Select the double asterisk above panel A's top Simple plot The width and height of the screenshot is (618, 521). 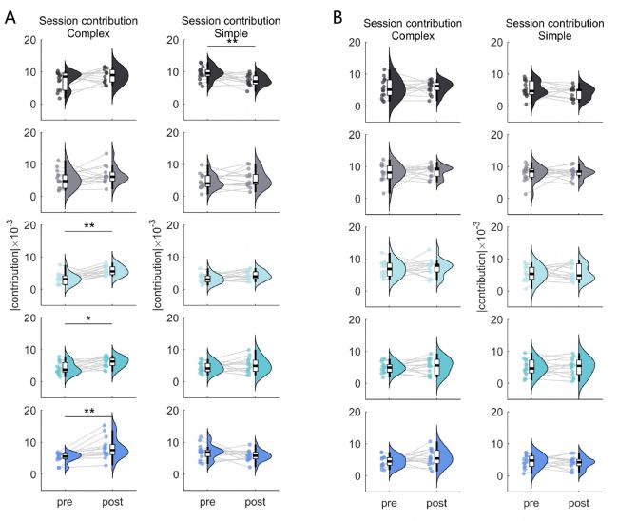[x=231, y=42]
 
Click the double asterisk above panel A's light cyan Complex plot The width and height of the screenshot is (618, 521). [x=88, y=225]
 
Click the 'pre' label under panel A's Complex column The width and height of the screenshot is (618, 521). [x=65, y=500]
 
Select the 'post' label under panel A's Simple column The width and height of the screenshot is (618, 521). [x=256, y=500]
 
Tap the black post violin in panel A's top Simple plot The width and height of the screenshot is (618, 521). [x=262, y=79]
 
